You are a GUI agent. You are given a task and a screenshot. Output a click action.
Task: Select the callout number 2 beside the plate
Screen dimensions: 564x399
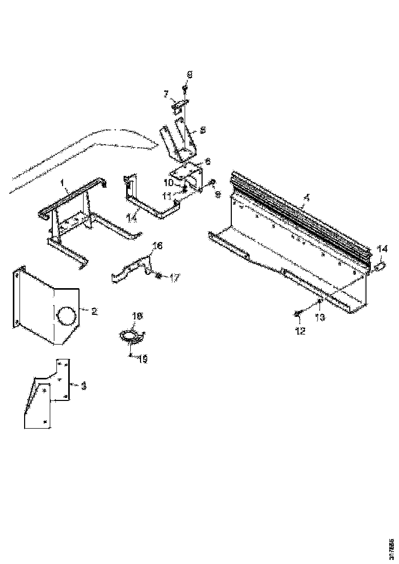coord(94,311)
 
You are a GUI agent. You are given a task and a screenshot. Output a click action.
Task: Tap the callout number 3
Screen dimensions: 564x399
coord(84,385)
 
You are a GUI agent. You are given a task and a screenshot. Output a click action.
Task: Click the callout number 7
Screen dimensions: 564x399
coord(166,94)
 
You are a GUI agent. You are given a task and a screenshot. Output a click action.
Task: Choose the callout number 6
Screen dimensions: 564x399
coord(207,161)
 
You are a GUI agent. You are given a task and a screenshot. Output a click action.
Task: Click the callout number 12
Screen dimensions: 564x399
coord(300,331)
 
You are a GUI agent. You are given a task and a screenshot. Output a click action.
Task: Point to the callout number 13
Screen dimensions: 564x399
coord(320,317)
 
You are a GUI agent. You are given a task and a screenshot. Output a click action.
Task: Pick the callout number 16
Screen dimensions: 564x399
coord(157,247)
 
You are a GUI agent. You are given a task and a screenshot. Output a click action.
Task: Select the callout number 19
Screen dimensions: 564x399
coord(142,359)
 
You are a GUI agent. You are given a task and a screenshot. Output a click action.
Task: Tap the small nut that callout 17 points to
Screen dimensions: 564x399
coord(158,276)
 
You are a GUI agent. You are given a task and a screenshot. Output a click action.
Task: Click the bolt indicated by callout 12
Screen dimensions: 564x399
coord(297,313)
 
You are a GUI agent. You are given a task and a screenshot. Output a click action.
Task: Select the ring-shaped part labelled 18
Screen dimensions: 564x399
coord(131,336)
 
